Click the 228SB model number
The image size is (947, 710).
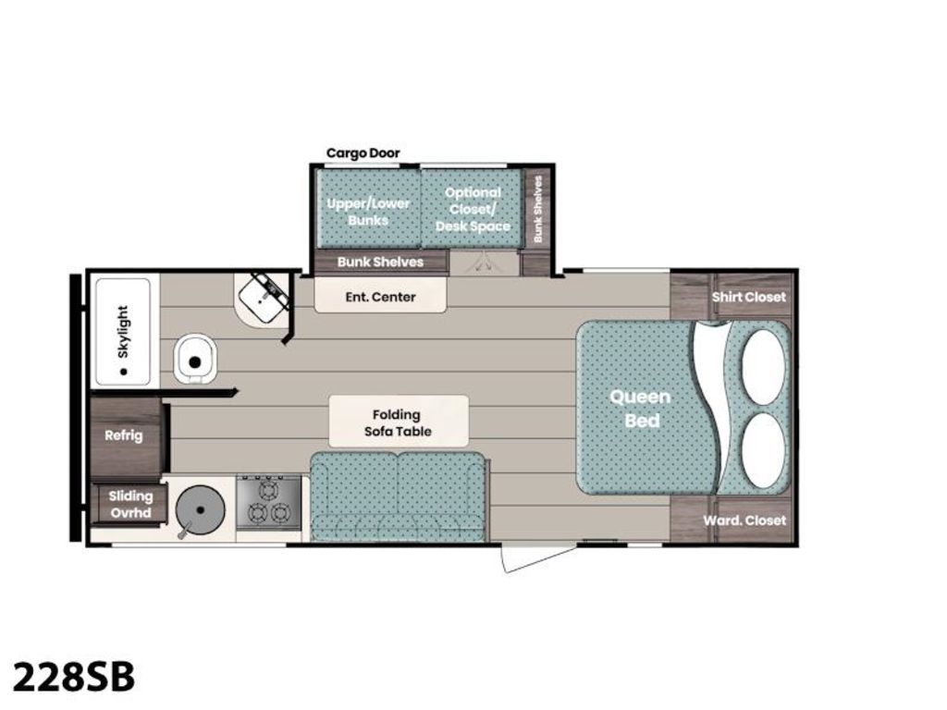[74, 676]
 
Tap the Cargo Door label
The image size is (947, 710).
[363, 153]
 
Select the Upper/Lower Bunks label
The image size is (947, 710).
[368, 212]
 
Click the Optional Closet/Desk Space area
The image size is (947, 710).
[473, 209]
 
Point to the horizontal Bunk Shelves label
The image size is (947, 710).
[380, 262]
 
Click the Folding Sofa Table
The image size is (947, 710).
[399, 422]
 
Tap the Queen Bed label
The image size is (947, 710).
[641, 409]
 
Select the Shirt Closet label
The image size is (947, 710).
[749, 297]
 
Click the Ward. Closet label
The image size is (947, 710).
[744, 520]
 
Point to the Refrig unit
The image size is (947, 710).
[126, 436]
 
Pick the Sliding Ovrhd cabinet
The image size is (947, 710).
[129, 505]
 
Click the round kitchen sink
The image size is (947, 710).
[200, 510]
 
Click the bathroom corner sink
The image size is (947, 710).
[264, 299]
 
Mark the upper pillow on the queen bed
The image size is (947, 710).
[764, 366]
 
